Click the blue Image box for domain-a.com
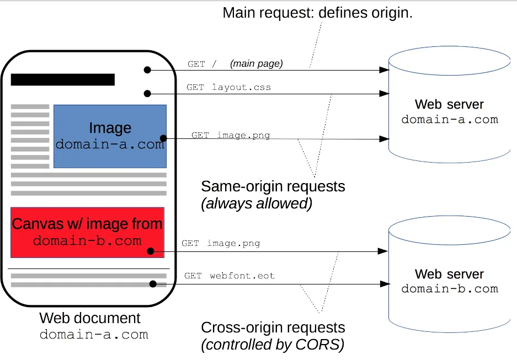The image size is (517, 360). click(110, 136)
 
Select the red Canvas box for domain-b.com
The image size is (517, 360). click(87, 232)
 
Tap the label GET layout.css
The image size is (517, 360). click(228, 87)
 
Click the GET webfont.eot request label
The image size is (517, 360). click(229, 276)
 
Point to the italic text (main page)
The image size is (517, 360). click(256, 63)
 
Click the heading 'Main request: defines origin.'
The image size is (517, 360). click(317, 13)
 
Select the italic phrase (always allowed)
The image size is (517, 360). click(257, 203)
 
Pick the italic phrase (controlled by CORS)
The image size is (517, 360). click(273, 345)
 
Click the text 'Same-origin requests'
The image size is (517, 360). click(273, 186)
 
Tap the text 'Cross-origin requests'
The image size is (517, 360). click(273, 327)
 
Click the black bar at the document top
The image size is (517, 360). click(62, 79)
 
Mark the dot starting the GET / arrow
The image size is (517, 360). click(147, 70)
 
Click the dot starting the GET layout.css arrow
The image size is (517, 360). click(147, 93)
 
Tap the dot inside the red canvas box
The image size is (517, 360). click(151, 251)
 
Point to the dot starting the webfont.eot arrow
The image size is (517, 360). click(153, 284)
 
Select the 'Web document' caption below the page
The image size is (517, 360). click(90, 318)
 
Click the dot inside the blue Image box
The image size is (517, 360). click(163, 138)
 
